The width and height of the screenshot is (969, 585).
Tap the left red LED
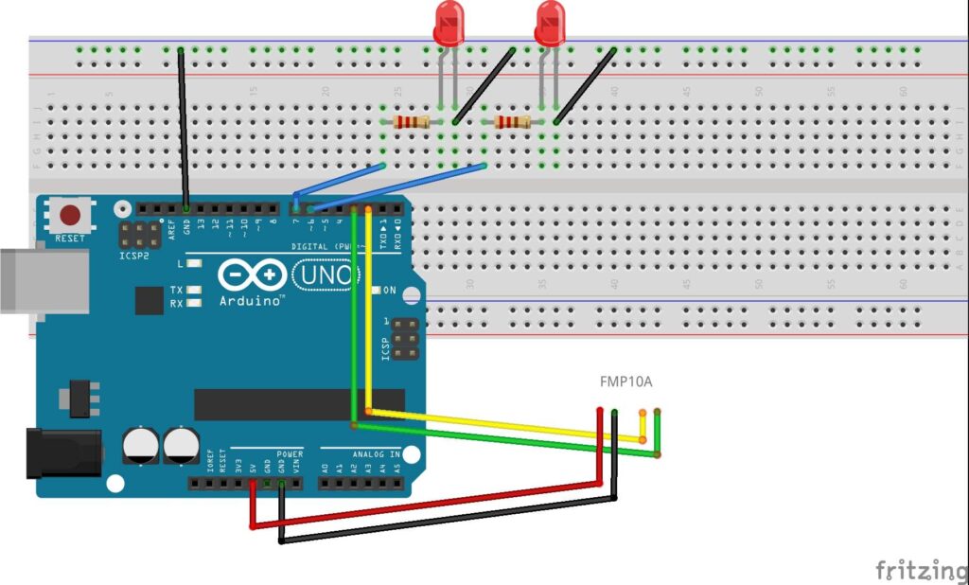coord(449,24)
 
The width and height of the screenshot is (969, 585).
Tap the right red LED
coord(549,24)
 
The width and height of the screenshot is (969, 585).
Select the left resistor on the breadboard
coord(412,121)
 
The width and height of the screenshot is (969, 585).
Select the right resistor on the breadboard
coord(512,121)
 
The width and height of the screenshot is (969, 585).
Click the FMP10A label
coord(625,382)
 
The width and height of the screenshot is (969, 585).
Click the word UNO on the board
coord(325,275)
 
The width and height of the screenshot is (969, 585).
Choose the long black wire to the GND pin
coord(183,123)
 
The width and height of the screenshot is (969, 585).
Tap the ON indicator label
coord(389,291)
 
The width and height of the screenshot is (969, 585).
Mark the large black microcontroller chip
coord(299,404)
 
